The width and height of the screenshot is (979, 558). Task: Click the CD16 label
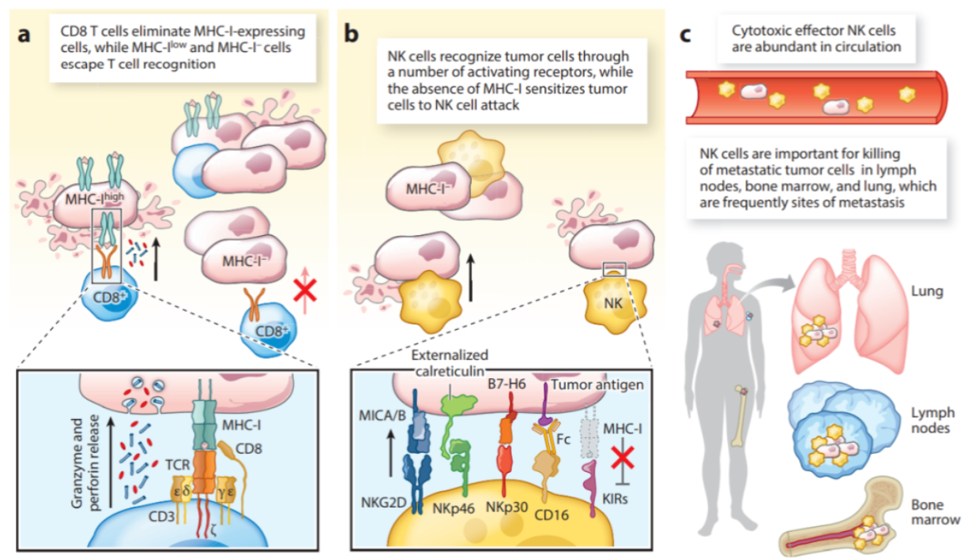(552, 513)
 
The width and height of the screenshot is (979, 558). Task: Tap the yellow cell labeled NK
(608, 302)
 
